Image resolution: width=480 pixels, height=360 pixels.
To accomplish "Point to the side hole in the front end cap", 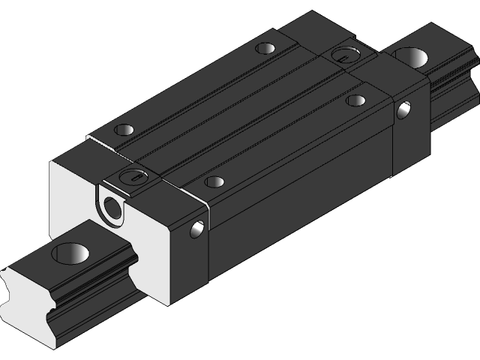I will [198, 228].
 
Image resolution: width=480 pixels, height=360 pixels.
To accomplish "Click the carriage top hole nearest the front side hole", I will [214, 182].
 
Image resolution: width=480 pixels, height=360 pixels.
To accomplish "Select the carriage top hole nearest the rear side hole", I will [356, 100].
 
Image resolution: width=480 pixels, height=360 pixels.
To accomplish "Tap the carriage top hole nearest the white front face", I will [121, 130].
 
